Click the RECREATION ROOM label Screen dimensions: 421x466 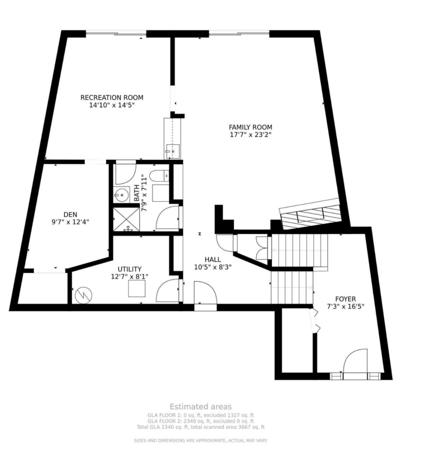(x=112, y=98)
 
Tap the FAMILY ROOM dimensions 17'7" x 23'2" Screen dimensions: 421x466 (x=251, y=135)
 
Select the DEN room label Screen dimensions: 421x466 (x=70, y=215)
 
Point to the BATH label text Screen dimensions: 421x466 (x=137, y=193)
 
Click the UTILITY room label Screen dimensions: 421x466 (x=130, y=269)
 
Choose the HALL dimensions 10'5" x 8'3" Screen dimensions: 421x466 (x=213, y=267)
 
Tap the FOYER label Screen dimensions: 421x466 (x=346, y=299)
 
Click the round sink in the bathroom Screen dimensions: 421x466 (x=121, y=195)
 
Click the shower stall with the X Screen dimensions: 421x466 (x=126, y=220)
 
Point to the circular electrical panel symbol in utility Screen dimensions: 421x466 (x=84, y=296)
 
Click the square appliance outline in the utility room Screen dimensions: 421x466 (x=137, y=288)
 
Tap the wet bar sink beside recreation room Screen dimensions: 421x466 (x=172, y=151)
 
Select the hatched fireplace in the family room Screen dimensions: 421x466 (x=310, y=214)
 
